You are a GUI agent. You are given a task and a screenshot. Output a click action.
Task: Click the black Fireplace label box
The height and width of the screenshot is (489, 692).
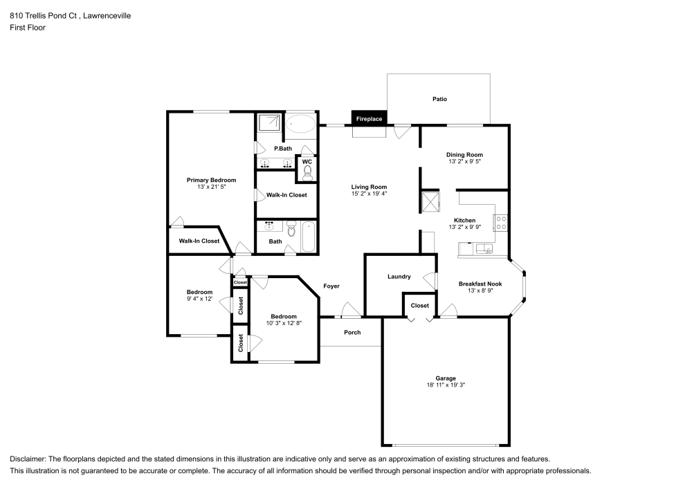(x=369, y=119)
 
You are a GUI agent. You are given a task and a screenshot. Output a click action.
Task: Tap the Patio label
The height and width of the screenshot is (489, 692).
(x=439, y=99)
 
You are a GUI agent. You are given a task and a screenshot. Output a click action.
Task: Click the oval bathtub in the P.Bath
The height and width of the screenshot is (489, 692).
(x=301, y=125)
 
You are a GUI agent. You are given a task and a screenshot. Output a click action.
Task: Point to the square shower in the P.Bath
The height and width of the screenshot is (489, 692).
(x=268, y=124)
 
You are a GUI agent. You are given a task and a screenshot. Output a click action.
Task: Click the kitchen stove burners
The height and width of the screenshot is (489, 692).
(x=500, y=222)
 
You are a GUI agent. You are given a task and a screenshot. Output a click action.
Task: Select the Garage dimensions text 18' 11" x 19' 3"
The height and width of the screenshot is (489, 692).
(x=446, y=386)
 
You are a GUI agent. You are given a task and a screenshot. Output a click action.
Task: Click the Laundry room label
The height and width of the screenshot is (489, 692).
(x=399, y=277)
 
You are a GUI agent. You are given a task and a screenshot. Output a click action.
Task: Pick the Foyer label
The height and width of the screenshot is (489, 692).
(x=331, y=286)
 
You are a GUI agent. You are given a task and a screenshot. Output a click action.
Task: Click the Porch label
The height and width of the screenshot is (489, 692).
(x=352, y=333)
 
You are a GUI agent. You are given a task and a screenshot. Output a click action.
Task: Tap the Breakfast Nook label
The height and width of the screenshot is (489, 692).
(x=480, y=284)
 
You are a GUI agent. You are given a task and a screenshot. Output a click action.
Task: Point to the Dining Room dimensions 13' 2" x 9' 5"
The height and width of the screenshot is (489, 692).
(x=464, y=162)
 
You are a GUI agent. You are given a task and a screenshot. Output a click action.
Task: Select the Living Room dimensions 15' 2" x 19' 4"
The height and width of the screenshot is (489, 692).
(x=369, y=194)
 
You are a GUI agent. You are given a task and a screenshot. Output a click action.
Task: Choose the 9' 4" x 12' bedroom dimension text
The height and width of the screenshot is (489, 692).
(x=199, y=299)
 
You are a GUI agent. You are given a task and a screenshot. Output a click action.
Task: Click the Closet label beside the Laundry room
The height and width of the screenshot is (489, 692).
(x=419, y=305)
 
